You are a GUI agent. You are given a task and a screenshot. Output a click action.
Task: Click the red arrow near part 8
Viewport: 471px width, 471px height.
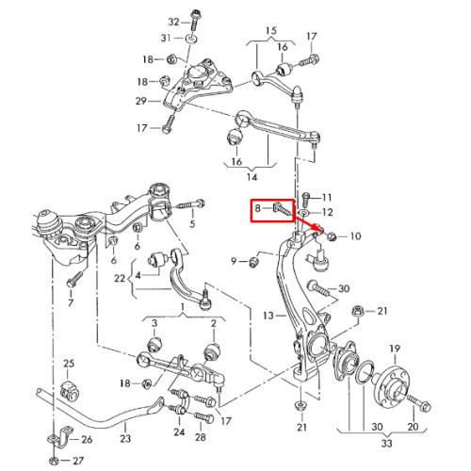coord(308,224)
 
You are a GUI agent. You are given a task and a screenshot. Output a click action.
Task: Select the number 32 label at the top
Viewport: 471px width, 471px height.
coord(173,22)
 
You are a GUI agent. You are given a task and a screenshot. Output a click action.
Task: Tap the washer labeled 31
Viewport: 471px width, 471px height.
coord(191,39)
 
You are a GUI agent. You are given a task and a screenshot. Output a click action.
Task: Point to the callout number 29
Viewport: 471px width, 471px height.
coord(141,101)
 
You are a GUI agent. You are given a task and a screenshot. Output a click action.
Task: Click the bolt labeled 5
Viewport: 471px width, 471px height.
coord(190,205)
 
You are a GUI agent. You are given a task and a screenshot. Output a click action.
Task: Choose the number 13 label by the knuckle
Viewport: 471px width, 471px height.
coord(268,316)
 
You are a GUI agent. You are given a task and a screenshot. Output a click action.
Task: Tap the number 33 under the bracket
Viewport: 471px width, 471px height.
coord(387,444)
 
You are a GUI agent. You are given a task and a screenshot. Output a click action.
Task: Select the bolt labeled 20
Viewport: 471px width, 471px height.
coord(419,403)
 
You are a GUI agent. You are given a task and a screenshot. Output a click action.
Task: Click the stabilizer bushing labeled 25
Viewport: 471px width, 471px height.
coord(70,390)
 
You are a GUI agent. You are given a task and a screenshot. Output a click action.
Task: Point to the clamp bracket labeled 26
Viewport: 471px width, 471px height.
coord(59,439)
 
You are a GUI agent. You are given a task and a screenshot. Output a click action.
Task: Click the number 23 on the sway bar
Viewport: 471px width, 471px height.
coord(125,438)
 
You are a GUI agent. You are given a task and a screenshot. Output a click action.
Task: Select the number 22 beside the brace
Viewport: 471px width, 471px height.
coord(120,279)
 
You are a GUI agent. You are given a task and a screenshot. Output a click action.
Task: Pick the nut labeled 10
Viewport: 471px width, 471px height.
coord(332,236)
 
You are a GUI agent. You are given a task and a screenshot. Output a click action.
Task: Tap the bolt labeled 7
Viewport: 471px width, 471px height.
coord(74,279)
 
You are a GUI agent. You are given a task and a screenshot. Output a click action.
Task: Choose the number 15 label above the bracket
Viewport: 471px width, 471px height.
coord(271,31)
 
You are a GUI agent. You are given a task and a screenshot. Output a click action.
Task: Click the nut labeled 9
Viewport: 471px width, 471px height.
coord(253,262)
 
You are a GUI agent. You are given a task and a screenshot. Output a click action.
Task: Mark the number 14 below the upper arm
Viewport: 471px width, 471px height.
coord(252,177)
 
